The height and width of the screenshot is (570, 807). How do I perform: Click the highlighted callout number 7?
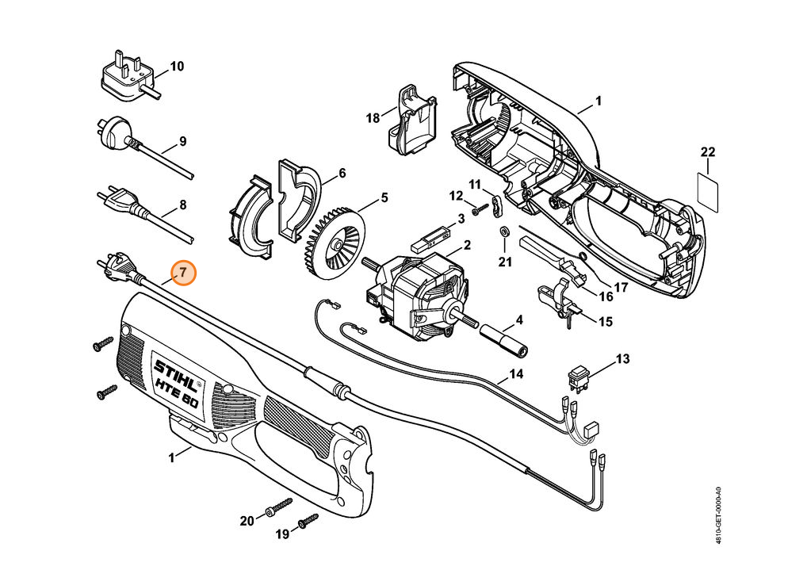click(x=184, y=273)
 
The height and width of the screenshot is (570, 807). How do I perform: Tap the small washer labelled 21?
click(x=504, y=230)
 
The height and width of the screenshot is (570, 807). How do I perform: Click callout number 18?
click(x=373, y=118)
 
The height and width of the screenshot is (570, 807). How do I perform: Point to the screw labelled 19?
click(x=308, y=521)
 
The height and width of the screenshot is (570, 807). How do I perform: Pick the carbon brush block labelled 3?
click(x=430, y=235)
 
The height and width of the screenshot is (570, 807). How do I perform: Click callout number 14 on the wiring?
click(x=516, y=374)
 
